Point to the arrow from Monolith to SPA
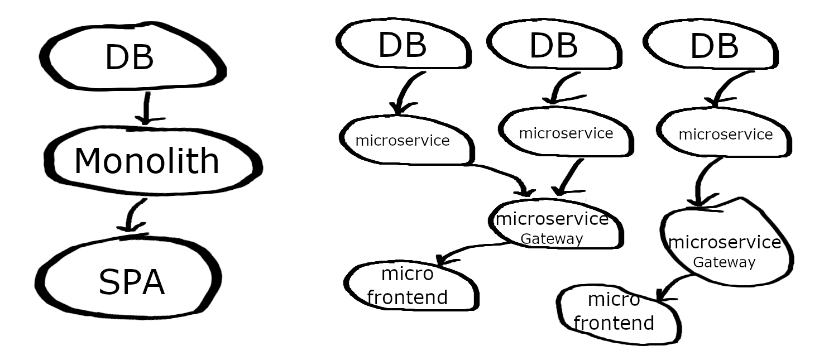[x=131, y=215]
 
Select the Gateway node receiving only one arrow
[x=725, y=248]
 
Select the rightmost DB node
[x=715, y=47]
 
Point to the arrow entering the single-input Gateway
[x=702, y=181]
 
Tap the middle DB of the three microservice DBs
[x=554, y=46]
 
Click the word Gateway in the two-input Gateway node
[x=552, y=239]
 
